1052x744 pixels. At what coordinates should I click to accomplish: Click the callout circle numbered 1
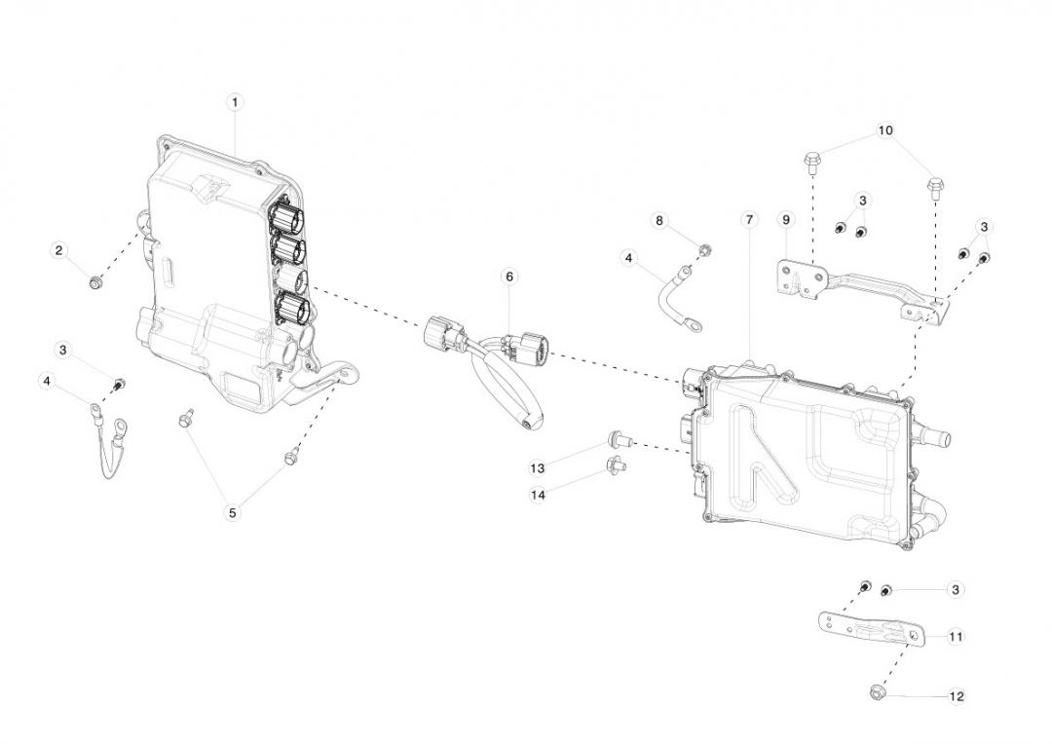click(x=235, y=101)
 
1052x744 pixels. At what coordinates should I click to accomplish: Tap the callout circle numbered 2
click(x=58, y=251)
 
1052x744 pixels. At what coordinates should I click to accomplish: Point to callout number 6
click(x=509, y=277)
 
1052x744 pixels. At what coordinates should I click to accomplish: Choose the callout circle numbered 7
click(x=749, y=220)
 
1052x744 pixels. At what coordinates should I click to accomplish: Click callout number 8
click(x=658, y=221)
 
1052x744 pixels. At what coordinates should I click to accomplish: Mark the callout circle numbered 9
click(x=786, y=220)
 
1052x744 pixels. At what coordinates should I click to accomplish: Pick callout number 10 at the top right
click(x=885, y=130)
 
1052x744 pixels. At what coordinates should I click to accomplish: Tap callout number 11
click(x=956, y=636)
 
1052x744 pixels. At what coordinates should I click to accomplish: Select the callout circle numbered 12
click(x=956, y=696)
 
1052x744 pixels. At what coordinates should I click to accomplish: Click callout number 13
click(x=538, y=468)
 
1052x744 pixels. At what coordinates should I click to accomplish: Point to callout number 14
click(x=538, y=495)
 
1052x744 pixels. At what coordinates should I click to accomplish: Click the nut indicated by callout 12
click(x=876, y=694)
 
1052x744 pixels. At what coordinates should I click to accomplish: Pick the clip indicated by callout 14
click(x=617, y=464)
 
